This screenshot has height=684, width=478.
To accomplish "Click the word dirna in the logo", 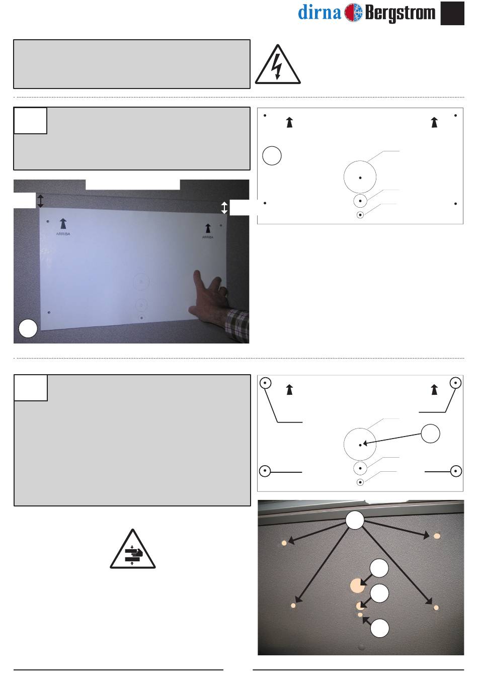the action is (x=320, y=13).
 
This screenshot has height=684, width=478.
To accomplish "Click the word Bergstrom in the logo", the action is (x=400, y=13).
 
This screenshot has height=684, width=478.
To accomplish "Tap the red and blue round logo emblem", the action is (x=353, y=13).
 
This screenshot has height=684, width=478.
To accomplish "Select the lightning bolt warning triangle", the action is (x=278, y=64).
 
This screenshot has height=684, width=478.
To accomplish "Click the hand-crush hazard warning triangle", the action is (x=132, y=549).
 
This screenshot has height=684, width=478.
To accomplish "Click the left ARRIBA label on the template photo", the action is (x=63, y=234).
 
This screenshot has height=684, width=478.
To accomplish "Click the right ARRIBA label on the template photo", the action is (x=208, y=237).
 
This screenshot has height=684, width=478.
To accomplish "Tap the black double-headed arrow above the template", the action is (x=40, y=201).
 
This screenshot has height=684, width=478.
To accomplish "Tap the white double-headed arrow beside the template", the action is (x=224, y=208).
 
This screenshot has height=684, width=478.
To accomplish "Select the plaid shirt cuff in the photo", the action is (x=237, y=325).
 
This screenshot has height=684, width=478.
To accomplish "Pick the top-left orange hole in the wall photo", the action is (x=284, y=543).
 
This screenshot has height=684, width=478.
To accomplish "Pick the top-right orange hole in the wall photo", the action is (x=437, y=536).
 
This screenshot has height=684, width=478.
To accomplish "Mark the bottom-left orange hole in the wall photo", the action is (x=293, y=606).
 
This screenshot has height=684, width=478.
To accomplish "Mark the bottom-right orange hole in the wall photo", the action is (x=436, y=608).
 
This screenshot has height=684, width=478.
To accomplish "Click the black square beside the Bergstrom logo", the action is (x=452, y=13).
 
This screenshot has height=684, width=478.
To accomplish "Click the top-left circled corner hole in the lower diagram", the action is (x=265, y=383).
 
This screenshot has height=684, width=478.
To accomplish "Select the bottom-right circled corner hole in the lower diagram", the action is (x=456, y=471).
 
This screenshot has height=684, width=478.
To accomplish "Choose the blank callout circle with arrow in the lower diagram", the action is (x=430, y=434).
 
